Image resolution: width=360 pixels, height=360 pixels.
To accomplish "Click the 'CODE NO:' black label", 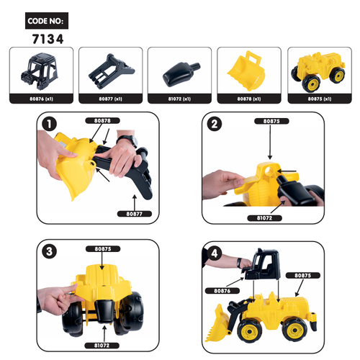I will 48,22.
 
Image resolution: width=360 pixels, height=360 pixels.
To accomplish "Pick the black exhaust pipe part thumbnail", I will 179,71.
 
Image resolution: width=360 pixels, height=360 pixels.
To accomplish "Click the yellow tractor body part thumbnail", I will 318,70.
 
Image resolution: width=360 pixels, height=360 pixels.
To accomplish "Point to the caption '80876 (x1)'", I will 41,98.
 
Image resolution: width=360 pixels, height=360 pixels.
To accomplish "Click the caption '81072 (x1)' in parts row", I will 179,98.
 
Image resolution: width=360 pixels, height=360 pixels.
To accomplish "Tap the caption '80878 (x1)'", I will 248,98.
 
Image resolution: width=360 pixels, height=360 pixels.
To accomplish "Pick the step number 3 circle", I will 48,252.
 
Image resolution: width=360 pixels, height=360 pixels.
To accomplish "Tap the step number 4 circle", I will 212,252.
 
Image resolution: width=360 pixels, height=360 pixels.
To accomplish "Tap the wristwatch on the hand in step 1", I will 127,140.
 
